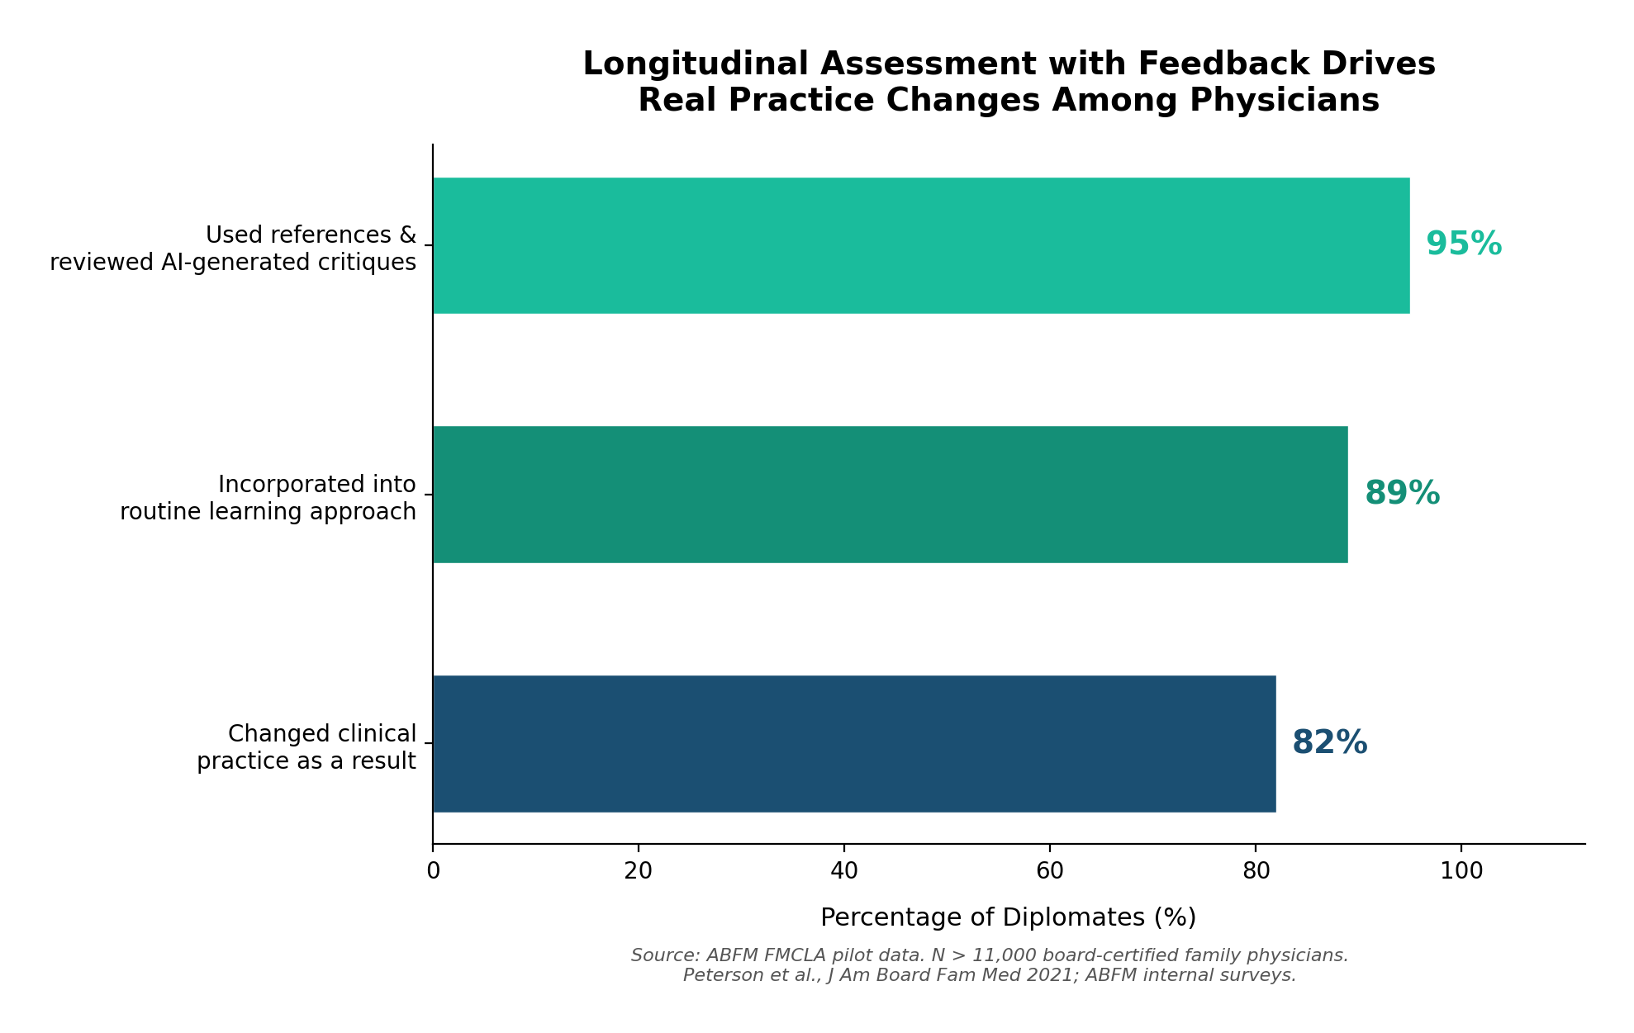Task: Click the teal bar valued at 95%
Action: pos(921,245)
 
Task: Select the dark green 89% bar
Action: pos(890,495)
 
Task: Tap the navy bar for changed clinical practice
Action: pos(854,743)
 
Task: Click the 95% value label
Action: pos(1463,244)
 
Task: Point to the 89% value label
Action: pos(1402,494)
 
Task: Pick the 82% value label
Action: pos(1329,743)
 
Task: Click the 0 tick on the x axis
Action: pos(433,871)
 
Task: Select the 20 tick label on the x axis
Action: pos(639,871)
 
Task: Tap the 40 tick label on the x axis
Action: pos(843,871)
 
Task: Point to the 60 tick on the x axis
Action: pos(1049,871)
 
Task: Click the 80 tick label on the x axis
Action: pos(1255,871)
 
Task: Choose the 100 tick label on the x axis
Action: pos(1461,871)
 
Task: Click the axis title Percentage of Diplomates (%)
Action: pos(1008,917)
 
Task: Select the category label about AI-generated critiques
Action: pos(233,249)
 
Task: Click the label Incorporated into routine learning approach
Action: pos(268,498)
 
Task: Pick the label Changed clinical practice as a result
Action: pos(306,747)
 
